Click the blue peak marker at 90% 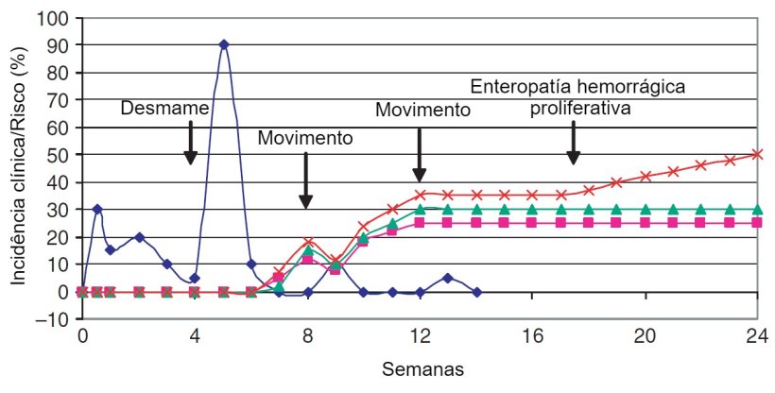click(223, 44)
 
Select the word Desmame click(164, 110)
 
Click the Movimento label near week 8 click(305, 138)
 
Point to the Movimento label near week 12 click(422, 110)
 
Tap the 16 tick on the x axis click(531, 336)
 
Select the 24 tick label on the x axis click(756, 336)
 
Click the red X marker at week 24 click(757, 154)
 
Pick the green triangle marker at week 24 click(757, 209)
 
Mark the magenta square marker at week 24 click(757, 223)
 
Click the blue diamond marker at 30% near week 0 click(96, 209)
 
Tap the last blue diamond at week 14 click(476, 292)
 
